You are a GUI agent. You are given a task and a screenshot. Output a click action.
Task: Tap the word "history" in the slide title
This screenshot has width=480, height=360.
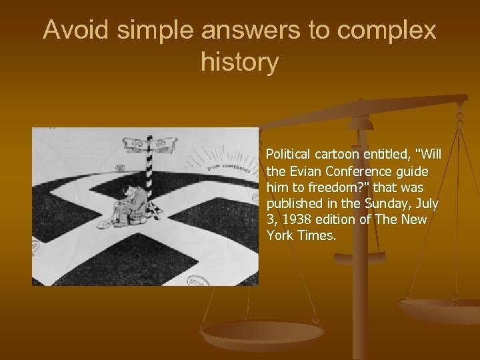pos(239,63)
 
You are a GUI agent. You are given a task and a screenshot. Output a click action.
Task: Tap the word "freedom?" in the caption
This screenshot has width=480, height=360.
pos(325,187)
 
